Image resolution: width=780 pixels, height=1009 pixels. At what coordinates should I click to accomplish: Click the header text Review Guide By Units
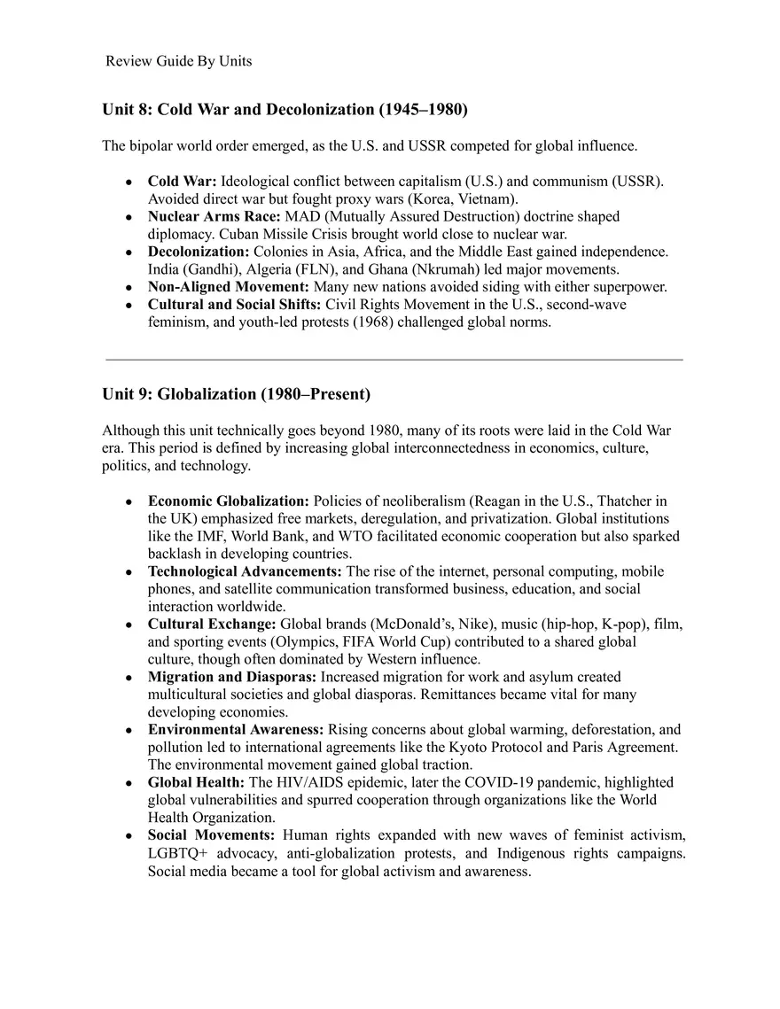[x=178, y=61]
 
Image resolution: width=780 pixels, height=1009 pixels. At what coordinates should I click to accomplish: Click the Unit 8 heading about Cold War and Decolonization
[x=285, y=110]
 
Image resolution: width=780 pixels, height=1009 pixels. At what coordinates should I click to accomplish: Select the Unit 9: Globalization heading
[x=236, y=393]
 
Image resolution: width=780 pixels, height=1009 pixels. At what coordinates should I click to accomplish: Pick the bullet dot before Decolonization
[x=129, y=252]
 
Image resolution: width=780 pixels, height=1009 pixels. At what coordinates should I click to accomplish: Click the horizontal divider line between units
[x=394, y=360]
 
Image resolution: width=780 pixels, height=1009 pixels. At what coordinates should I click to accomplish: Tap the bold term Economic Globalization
[x=228, y=501]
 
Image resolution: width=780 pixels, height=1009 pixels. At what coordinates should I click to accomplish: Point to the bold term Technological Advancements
[x=245, y=571]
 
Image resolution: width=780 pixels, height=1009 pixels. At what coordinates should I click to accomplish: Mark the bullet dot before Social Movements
[x=129, y=836]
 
